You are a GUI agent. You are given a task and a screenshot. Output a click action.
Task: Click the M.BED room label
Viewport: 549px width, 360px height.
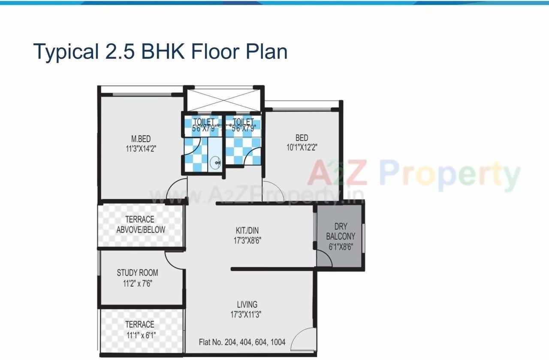pyautogui.click(x=141, y=139)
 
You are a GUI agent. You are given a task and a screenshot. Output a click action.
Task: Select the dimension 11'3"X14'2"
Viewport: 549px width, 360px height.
pyautogui.click(x=141, y=149)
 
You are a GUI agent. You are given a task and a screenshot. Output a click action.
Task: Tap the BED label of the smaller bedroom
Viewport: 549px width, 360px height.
pyautogui.click(x=302, y=138)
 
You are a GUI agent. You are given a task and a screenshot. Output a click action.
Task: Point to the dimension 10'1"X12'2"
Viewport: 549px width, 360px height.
pyautogui.click(x=302, y=148)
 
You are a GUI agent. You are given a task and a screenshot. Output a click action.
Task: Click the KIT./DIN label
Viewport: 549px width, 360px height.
pyautogui.click(x=247, y=230)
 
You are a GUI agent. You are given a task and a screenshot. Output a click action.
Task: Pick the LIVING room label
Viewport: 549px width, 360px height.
pyautogui.click(x=247, y=305)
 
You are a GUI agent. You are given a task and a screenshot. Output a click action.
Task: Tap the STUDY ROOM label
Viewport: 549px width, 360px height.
pyautogui.click(x=137, y=273)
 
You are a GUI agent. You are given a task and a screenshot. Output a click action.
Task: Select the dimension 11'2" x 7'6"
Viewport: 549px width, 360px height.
pyautogui.click(x=137, y=283)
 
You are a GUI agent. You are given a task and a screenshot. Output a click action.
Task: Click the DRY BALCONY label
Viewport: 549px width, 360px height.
pyautogui.click(x=341, y=231)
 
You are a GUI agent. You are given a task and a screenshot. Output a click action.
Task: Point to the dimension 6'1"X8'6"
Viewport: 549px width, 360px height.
pyautogui.click(x=341, y=247)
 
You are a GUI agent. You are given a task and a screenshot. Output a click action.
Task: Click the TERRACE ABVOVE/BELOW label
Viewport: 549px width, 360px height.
pyautogui.click(x=140, y=225)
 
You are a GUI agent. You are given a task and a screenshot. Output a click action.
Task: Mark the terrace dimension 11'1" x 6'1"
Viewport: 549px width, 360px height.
pyautogui.click(x=140, y=335)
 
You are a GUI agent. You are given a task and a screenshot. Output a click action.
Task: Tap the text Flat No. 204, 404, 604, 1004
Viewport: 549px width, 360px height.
pyautogui.click(x=242, y=342)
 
